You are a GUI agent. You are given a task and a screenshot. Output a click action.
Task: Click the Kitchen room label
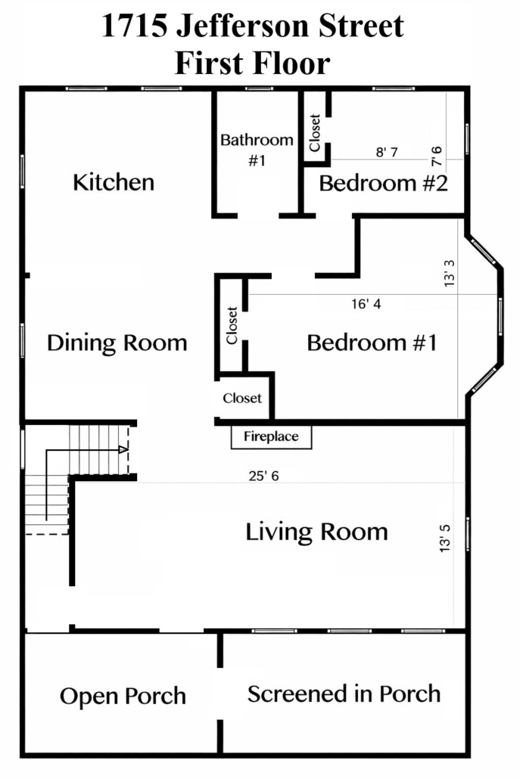114,182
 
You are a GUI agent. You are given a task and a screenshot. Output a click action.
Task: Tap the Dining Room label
117,343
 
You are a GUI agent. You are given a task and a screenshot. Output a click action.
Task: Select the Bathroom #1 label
257,150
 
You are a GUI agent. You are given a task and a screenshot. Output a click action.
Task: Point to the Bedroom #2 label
383,183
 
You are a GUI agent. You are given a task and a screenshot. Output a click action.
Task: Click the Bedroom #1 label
372,343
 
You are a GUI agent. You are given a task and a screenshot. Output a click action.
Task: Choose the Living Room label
316,532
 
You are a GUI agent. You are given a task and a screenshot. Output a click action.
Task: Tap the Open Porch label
123,697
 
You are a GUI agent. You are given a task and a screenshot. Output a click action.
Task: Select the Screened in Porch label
344,694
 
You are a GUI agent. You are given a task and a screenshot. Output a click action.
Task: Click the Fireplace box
272,437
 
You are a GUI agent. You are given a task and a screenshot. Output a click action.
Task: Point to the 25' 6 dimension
263,476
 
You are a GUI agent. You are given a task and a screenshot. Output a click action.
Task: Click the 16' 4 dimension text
366,303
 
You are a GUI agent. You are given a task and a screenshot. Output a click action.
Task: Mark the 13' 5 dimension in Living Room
445,538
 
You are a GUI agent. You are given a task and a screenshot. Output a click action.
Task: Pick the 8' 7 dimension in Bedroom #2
387,152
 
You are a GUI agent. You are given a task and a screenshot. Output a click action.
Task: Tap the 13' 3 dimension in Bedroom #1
449,273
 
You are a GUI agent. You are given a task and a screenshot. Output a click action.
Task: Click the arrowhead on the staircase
123,449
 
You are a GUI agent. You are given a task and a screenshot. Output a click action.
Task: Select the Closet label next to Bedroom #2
315,132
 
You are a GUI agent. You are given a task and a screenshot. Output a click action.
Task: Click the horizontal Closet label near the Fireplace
242,398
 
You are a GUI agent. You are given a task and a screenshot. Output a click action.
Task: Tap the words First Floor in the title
253,63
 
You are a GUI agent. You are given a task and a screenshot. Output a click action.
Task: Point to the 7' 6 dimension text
436,156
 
